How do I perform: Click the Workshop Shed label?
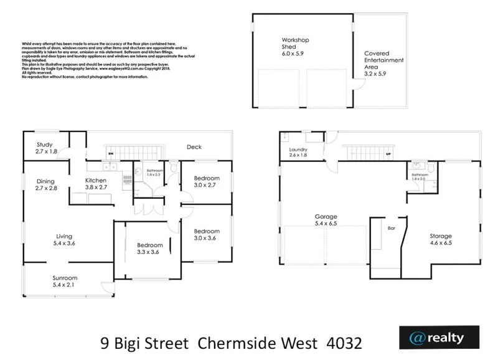click(x=295, y=47)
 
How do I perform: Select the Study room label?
click(x=44, y=148)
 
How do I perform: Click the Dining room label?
click(x=45, y=184)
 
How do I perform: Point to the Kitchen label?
click(x=96, y=184)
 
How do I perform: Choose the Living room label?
click(x=65, y=240)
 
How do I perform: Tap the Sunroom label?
click(x=65, y=282)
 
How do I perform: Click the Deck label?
click(x=194, y=148)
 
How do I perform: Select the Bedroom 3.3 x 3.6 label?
click(x=150, y=249)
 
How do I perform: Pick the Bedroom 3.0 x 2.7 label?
click(x=206, y=181)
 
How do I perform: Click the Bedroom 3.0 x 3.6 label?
click(x=206, y=235)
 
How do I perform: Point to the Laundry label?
click(x=299, y=153)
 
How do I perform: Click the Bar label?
click(x=392, y=229)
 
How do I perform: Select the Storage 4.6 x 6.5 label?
click(x=441, y=240)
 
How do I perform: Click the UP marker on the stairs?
click(x=389, y=153)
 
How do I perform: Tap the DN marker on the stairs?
click(x=111, y=153)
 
